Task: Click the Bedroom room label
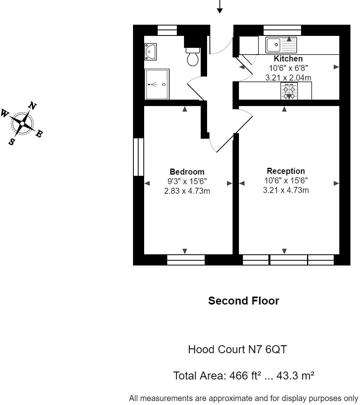(x=187, y=172)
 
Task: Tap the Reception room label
(x=286, y=171)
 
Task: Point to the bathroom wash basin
(x=151, y=51)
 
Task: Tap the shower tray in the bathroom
(x=157, y=84)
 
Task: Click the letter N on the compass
(x=33, y=106)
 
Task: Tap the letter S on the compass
(x=13, y=141)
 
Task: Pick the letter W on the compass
(x=6, y=113)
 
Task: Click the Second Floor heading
(x=244, y=301)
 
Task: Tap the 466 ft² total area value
(x=240, y=376)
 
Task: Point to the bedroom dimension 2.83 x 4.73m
(x=187, y=191)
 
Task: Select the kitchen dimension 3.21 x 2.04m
(x=288, y=78)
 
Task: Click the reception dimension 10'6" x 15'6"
(x=286, y=181)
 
